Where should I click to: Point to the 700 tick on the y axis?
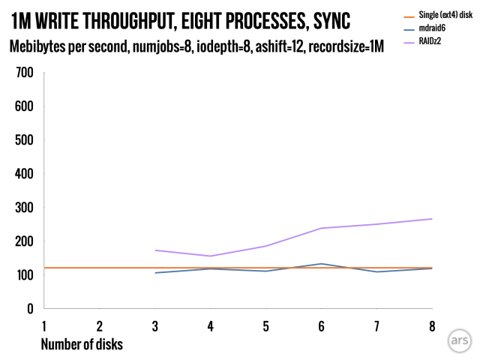25,73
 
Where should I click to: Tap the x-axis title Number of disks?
82,344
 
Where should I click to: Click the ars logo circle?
458,339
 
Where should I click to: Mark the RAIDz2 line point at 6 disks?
321,228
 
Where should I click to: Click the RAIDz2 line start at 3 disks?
154,250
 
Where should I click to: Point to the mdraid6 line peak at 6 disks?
321,263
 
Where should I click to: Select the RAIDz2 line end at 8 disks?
432,219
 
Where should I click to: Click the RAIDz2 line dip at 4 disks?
210,256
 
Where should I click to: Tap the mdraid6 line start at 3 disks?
154,273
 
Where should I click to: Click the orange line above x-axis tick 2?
99,268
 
